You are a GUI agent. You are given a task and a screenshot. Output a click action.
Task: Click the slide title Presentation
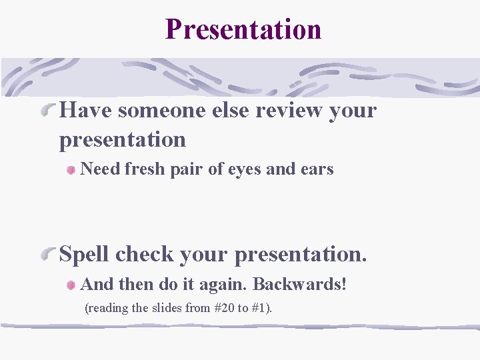coord(243,29)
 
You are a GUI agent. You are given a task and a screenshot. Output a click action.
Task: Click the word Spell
coord(85,255)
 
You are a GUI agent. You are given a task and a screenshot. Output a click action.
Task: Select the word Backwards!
coord(300,284)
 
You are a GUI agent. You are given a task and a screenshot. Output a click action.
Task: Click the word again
coord(224,285)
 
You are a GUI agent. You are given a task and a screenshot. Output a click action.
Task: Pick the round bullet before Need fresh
coord(71,170)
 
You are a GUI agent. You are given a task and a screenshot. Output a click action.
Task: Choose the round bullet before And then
coord(71,285)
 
